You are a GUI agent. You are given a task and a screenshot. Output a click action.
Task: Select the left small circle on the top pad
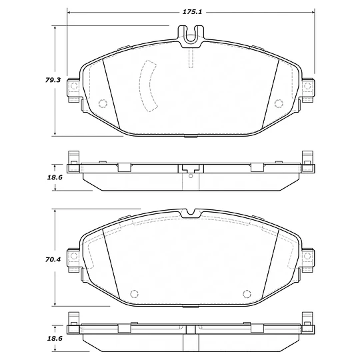103,103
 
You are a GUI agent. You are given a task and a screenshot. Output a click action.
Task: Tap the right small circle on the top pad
279,103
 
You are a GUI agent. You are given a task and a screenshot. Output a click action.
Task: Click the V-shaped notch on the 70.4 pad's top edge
191,213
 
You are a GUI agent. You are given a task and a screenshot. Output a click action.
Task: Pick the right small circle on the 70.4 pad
247,293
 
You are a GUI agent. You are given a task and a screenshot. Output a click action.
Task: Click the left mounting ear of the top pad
74,88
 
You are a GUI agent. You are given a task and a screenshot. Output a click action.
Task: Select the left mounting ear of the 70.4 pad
74,257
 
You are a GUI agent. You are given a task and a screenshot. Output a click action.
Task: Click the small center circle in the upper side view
191,177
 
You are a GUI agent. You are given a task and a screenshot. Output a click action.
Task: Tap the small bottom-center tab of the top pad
191,137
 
